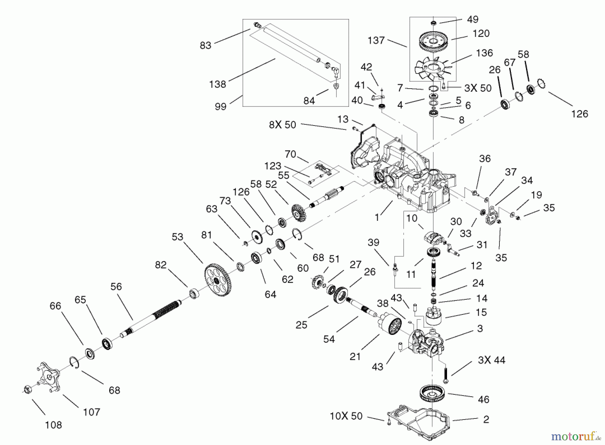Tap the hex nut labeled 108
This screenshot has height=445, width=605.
point(26,390)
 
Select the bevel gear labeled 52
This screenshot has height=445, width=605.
point(297,212)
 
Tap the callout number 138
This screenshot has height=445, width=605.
point(217,84)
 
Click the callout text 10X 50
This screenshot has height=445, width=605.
point(346,416)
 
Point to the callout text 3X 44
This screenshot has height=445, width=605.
point(491,360)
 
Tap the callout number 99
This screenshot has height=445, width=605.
point(220,107)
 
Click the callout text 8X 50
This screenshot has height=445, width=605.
point(282,125)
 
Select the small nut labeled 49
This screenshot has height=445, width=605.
point(434,22)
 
